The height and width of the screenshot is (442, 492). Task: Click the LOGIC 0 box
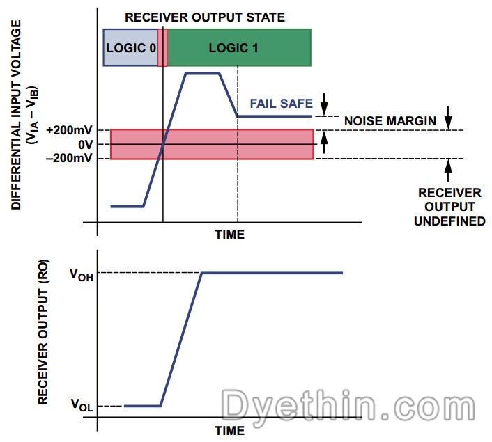coord(130,47)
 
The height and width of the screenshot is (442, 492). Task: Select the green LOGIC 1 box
coord(240,47)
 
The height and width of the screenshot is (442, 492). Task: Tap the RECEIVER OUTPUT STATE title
coord(205,17)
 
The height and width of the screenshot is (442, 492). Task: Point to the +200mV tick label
coord(70,130)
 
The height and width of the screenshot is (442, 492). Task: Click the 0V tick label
coord(86,145)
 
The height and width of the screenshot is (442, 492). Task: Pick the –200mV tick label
coord(70,158)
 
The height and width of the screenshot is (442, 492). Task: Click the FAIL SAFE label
coord(281,104)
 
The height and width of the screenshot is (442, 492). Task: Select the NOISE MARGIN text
coord(390,121)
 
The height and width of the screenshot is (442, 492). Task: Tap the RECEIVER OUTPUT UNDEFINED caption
coord(449,207)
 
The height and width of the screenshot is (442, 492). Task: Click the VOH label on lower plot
coord(82,275)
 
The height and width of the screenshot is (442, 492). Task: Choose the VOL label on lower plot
coord(82,404)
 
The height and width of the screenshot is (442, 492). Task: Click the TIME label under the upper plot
coord(230,235)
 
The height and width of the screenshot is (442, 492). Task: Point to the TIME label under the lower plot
coord(230,431)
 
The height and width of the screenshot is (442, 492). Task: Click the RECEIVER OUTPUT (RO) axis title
coord(43,332)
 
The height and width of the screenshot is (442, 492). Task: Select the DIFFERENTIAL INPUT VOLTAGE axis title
coord(16,115)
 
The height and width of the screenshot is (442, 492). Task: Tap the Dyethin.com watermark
coord(348,405)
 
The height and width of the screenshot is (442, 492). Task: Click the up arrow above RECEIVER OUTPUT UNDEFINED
coord(448,171)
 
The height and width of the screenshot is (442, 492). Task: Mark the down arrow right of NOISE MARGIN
coord(449,118)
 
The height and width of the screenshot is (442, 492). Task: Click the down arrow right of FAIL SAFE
coord(325,104)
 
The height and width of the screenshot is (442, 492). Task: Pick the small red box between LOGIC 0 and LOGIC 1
coord(162,47)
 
